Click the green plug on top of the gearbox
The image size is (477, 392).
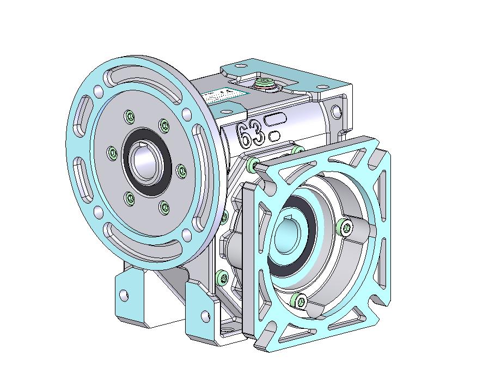pyautogui.click(x=264, y=83)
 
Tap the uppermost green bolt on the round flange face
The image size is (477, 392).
pyautogui.click(x=129, y=116)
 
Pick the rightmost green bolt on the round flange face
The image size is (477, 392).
pyautogui.click(x=181, y=171)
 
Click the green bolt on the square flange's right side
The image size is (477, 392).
pyautogui.click(x=344, y=228)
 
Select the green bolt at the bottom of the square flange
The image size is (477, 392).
pyautogui.click(x=297, y=299)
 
